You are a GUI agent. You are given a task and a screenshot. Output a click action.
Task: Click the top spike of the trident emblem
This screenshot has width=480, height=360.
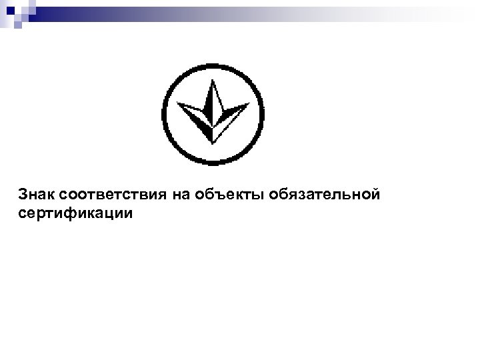pyautogui.click(x=213, y=82)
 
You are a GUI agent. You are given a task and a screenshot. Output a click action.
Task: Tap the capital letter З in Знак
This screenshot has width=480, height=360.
pyautogui.click(x=24, y=195)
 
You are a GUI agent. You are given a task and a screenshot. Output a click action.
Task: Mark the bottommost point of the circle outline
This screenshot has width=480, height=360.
pyautogui.click(x=213, y=163)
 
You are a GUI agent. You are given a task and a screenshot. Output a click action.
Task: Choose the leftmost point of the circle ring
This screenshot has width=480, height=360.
pyautogui.click(x=163, y=113)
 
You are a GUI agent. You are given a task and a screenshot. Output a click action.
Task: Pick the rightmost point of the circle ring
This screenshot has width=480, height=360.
pyautogui.click(x=263, y=113)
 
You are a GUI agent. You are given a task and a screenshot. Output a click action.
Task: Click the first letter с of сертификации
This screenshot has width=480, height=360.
pyautogui.click(x=23, y=214)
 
